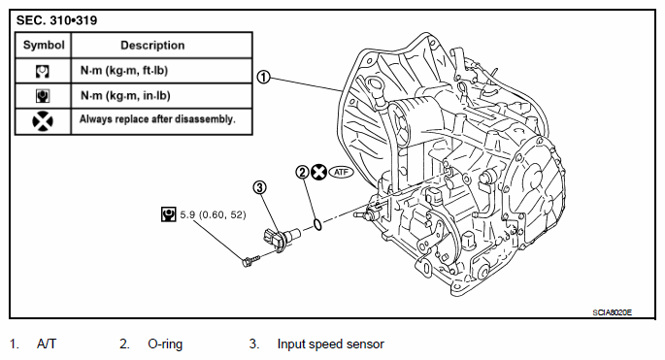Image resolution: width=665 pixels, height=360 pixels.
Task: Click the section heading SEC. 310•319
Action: point(56,20)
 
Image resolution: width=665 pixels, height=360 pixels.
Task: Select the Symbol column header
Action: point(44,45)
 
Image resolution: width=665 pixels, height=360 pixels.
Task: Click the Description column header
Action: point(152,46)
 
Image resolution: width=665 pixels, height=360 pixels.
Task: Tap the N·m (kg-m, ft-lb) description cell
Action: point(124,70)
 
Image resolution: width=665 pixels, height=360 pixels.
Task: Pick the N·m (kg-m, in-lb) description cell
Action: point(125,95)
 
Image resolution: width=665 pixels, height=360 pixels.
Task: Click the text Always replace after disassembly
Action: point(157,119)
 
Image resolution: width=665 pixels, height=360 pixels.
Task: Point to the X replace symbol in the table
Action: point(43,121)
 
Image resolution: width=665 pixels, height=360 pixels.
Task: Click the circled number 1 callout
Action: point(264,78)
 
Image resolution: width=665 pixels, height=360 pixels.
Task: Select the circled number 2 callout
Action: point(302,172)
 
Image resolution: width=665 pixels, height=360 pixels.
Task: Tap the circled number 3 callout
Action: point(259,187)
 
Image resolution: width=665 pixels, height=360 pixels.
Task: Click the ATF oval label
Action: point(341,172)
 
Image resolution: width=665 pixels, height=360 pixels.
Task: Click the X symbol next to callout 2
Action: point(318,172)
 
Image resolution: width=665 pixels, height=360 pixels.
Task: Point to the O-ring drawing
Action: point(316,225)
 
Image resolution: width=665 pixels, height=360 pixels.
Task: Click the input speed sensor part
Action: point(281,239)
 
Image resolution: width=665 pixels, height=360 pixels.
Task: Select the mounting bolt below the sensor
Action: point(250,260)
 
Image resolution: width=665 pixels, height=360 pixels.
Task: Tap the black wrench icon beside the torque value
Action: point(169,214)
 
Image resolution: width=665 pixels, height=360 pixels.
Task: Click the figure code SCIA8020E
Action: point(612,312)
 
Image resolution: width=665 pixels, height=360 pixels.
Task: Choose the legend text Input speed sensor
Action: point(330,344)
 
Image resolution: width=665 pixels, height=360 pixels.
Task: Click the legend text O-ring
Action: point(165,344)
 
